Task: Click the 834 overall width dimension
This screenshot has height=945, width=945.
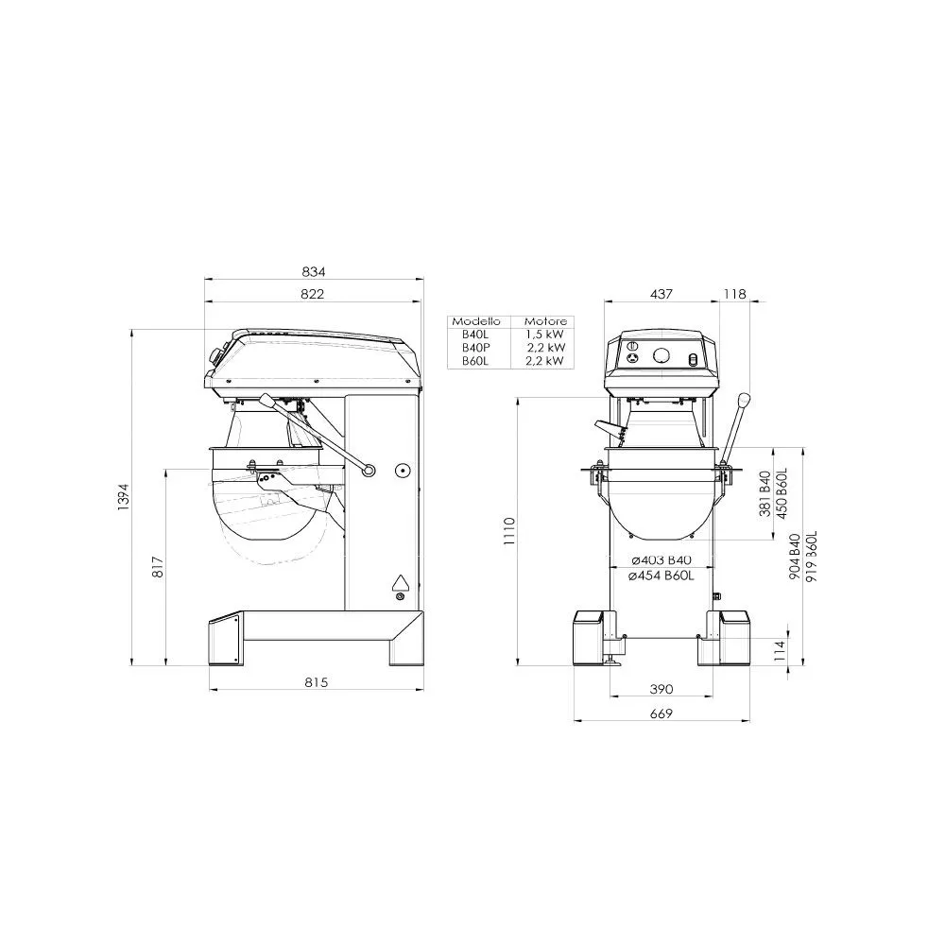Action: (313, 271)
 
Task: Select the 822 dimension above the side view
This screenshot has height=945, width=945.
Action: (313, 294)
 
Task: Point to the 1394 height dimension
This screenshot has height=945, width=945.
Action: (123, 497)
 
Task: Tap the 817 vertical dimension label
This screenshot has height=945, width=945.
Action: (158, 566)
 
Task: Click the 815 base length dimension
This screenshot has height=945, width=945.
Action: (316, 682)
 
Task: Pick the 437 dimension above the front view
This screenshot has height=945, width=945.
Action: (661, 294)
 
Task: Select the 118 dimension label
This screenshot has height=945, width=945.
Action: (734, 294)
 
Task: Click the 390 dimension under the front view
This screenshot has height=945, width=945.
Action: (661, 689)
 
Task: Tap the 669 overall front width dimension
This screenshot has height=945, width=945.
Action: (661, 713)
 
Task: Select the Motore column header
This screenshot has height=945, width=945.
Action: (545, 321)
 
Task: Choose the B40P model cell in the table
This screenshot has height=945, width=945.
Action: (475, 347)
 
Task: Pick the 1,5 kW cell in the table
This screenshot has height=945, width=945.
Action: (545, 335)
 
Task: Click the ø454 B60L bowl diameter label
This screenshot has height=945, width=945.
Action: (661, 574)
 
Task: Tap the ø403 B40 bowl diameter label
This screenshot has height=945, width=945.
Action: (661, 560)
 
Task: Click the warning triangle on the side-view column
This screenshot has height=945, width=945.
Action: (400, 582)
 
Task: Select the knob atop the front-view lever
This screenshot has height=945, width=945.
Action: (744, 399)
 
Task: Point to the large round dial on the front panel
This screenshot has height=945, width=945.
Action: (661, 356)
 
